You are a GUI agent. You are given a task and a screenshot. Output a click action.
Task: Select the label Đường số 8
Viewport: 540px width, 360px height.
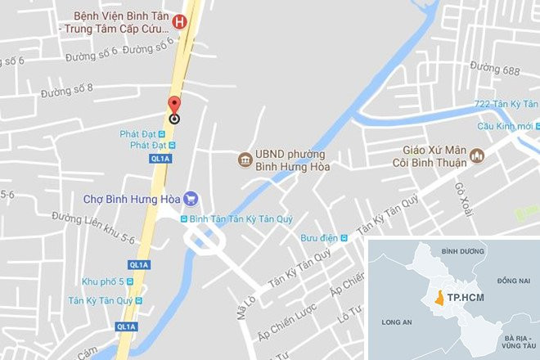click(67, 88)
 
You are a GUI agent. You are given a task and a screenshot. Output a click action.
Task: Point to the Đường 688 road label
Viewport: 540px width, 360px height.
click(495, 70)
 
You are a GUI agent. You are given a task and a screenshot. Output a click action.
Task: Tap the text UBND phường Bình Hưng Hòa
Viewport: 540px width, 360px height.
click(279, 160)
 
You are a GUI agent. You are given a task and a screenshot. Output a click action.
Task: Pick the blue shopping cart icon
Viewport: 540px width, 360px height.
click(191, 197)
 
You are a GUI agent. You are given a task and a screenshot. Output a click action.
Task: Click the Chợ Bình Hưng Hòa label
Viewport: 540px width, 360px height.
click(132, 198)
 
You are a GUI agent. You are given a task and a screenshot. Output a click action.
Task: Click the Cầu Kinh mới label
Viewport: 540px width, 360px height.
click(505, 126)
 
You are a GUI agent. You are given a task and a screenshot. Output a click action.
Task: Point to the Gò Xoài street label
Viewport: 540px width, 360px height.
click(464, 194)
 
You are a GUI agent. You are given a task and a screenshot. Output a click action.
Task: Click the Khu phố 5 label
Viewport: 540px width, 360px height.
click(102, 281)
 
